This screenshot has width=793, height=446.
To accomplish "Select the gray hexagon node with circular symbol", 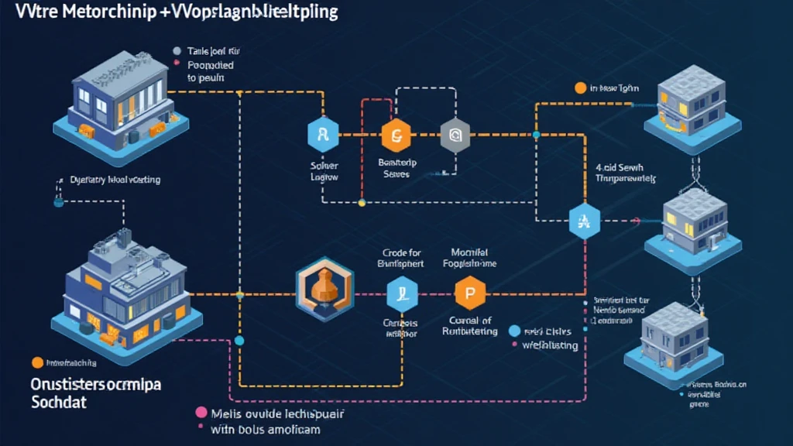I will click(x=455, y=136).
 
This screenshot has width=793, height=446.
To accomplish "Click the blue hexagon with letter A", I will click(x=584, y=221).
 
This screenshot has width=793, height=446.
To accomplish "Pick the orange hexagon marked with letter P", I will click(x=469, y=293).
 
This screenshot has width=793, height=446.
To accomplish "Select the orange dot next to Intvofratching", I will click(x=36, y=362).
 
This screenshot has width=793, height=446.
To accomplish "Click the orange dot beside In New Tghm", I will click(x=580, y=88).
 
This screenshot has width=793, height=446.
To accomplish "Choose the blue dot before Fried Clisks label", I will click(x=513, y=331).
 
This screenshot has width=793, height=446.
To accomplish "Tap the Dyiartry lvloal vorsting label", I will click(x=114, y=180).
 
